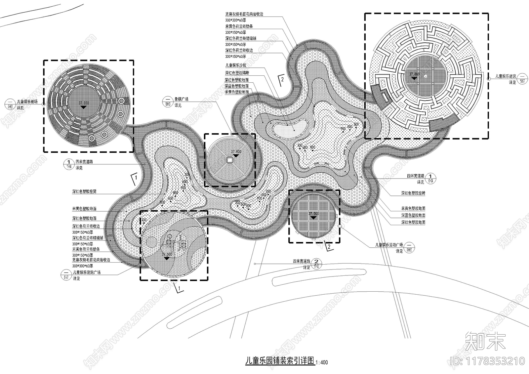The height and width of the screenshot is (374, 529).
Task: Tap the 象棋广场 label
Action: (x=182, y=99)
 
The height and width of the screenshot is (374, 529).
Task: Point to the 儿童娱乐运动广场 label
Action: (x=389, y=245)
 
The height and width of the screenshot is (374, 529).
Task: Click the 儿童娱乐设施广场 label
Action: (x=87, y=272)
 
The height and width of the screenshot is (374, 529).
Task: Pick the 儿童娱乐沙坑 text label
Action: (x=235, y=65)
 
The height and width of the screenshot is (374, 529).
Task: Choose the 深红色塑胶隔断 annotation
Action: (x=237, y=73)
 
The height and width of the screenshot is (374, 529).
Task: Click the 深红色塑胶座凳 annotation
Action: (x=84, y=191)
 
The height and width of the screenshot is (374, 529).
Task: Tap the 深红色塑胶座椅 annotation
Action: (x=413, y=193)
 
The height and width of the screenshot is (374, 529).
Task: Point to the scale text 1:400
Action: (x=322, y=362)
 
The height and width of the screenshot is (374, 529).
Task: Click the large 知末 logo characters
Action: (x=485, y=341)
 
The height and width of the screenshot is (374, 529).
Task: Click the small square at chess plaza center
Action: (x=229, y=160)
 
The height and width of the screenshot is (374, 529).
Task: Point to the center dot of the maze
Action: (x=426, y=76)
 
